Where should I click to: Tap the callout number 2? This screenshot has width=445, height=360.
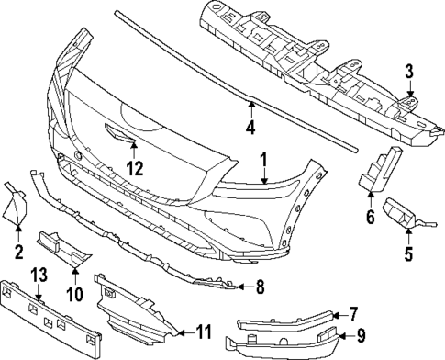[x=18, y=250]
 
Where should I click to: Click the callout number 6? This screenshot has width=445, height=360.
[x=371, y=217]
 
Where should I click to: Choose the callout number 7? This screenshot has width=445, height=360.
[x=354, y=313]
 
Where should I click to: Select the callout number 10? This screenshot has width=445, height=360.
[x=74, y=293]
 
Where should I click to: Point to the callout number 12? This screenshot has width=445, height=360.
[x=135, y=167]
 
